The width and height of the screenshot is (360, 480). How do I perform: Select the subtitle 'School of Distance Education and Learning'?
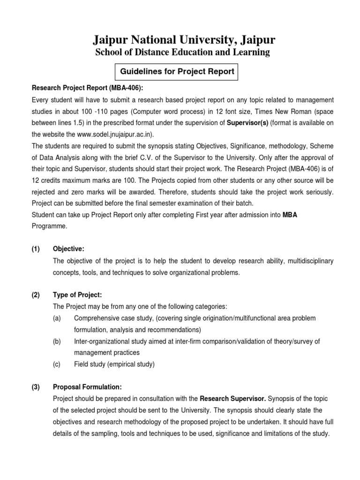coord(183,52)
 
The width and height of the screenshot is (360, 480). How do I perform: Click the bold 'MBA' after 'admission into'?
coord(290,214)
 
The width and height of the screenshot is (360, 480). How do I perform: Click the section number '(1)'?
coord(36,249)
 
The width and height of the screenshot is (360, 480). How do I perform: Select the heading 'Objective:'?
coord(69,249)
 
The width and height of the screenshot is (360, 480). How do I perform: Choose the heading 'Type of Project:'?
coord(77,295)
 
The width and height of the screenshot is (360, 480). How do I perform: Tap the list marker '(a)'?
coord(57,318)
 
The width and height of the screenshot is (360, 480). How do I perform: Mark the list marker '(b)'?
coord(57,341)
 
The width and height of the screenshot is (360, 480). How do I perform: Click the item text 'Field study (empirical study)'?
coord(114,364)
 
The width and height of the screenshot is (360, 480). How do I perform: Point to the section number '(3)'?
coord(36,387)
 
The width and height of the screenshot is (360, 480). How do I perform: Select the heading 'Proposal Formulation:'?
coord(88,387)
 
